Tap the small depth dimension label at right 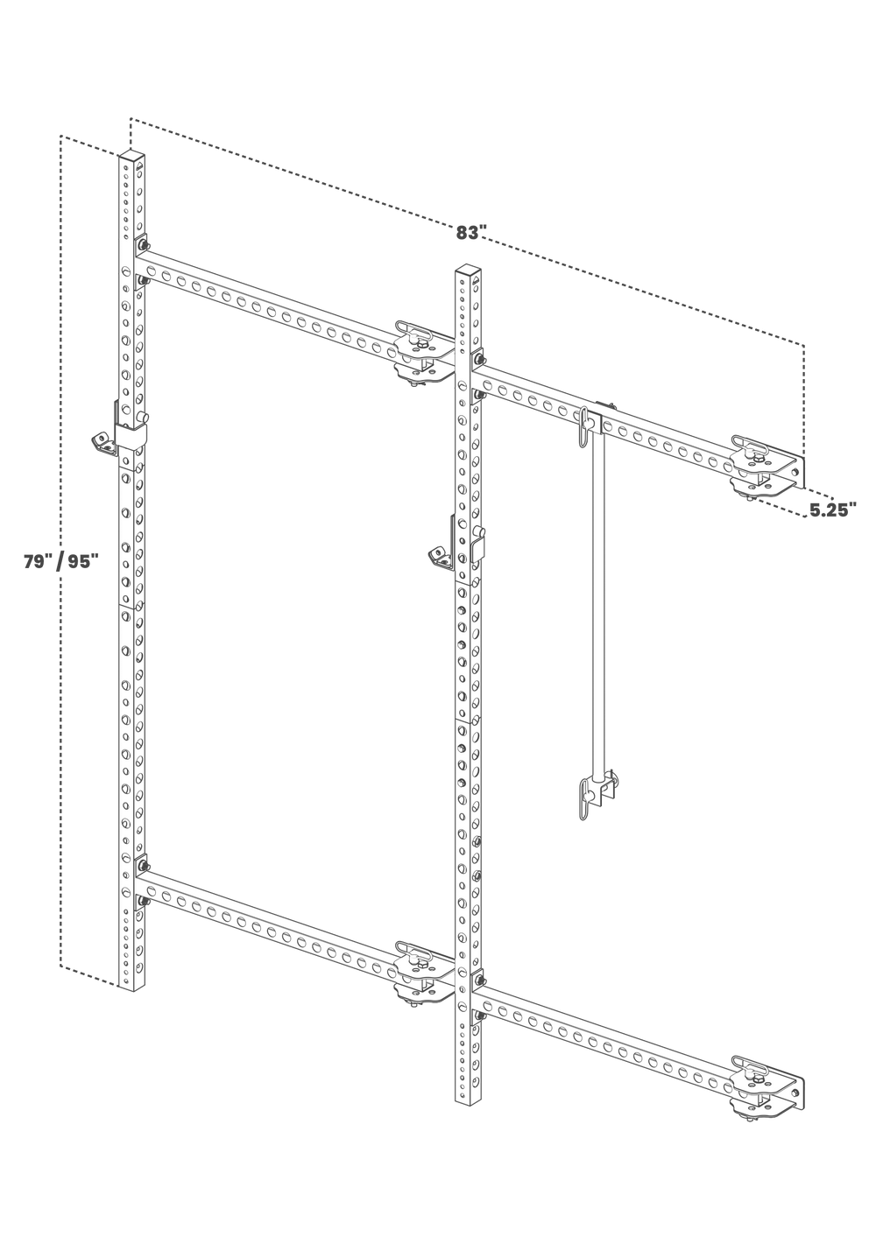point(828,509)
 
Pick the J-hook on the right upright point(437,554)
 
